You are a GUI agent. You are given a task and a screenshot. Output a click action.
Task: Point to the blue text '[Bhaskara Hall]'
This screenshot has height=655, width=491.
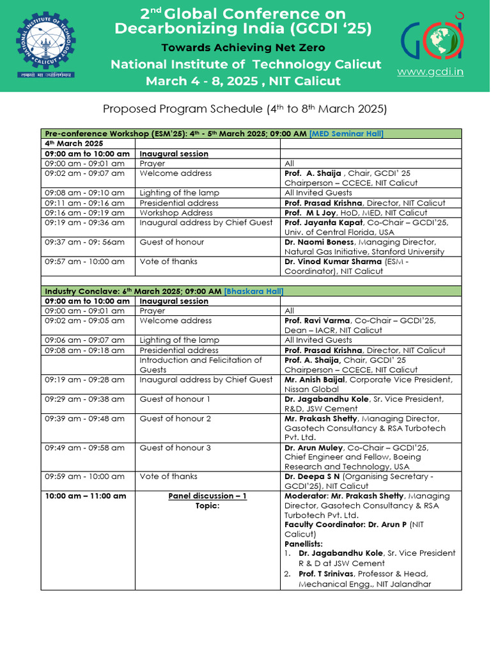pos(254,291)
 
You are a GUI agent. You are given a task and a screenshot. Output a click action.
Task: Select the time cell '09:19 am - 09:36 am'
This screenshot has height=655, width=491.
pos(85,223)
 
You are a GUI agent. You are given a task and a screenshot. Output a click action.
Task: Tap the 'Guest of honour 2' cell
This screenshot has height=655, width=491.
pos(175,418)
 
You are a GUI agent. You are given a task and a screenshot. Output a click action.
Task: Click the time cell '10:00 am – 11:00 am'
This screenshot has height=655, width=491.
pos(86,496)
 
